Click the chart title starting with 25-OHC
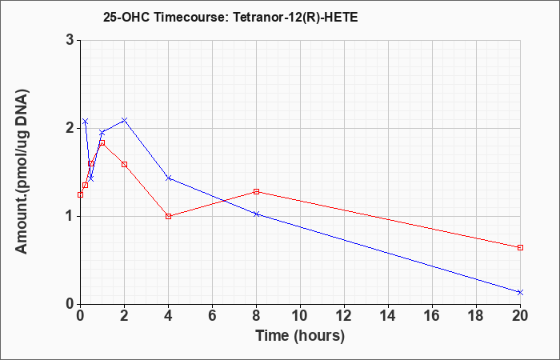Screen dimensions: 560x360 230,17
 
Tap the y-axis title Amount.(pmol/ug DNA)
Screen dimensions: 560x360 22,171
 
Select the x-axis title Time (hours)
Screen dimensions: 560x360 300,336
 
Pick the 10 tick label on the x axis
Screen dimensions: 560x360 300,315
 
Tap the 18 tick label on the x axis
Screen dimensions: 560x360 476,315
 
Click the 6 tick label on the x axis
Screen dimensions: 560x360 212,315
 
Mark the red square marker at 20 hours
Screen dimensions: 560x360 520,247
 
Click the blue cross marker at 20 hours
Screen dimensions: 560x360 520,292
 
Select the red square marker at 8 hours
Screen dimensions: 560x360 256,191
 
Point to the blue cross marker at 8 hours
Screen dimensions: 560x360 256,214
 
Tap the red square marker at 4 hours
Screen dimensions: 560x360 169,216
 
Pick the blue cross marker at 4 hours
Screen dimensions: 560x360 169,178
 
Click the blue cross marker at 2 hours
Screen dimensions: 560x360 124,120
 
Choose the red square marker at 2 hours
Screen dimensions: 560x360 124,164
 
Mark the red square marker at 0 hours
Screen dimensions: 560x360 80,194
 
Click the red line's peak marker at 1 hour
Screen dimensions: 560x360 102,143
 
